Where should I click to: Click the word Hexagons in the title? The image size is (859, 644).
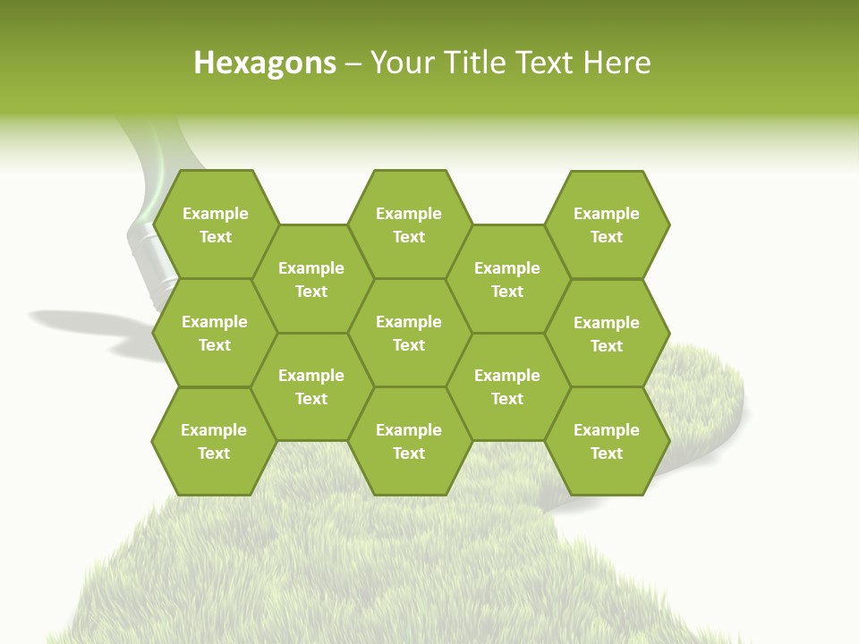pyautogui.click(x=265, y=63)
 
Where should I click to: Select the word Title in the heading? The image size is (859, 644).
pyautogui.click(x=475, y=63)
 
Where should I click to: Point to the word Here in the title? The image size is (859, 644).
pyautogui.click(x=617, y=63)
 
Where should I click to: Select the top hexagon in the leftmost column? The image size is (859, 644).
pyautogui.click(x=216, y=225)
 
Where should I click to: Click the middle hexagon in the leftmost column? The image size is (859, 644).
pyautogui.click(x=215, y=333)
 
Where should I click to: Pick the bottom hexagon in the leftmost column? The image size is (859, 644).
pyautogui.click(x=214, y=441)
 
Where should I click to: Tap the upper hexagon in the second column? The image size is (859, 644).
pyautogui.click(x=311, y=279)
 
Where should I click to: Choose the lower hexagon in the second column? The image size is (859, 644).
pyautogui.click(x=311, y=386)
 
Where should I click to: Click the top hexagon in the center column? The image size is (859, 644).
pyautogui.click(x=409, y=225)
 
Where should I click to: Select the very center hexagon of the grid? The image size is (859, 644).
pyautogui.click(x=409, y=333)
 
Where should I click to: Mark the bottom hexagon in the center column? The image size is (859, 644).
pyautogui.click(x=409, y=441)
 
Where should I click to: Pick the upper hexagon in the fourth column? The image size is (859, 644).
pyautogui.click(x=507, y=279)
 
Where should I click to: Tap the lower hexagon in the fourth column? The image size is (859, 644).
pyautogui.click(x=507, y=386)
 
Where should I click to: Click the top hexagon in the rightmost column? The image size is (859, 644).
pyautogui.click(x=607, y=225)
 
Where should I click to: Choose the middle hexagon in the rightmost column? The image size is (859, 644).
pyautogui.click(x=607, y=334)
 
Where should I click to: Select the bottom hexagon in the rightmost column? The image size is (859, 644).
pyautogui.click(x=607, y=441)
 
